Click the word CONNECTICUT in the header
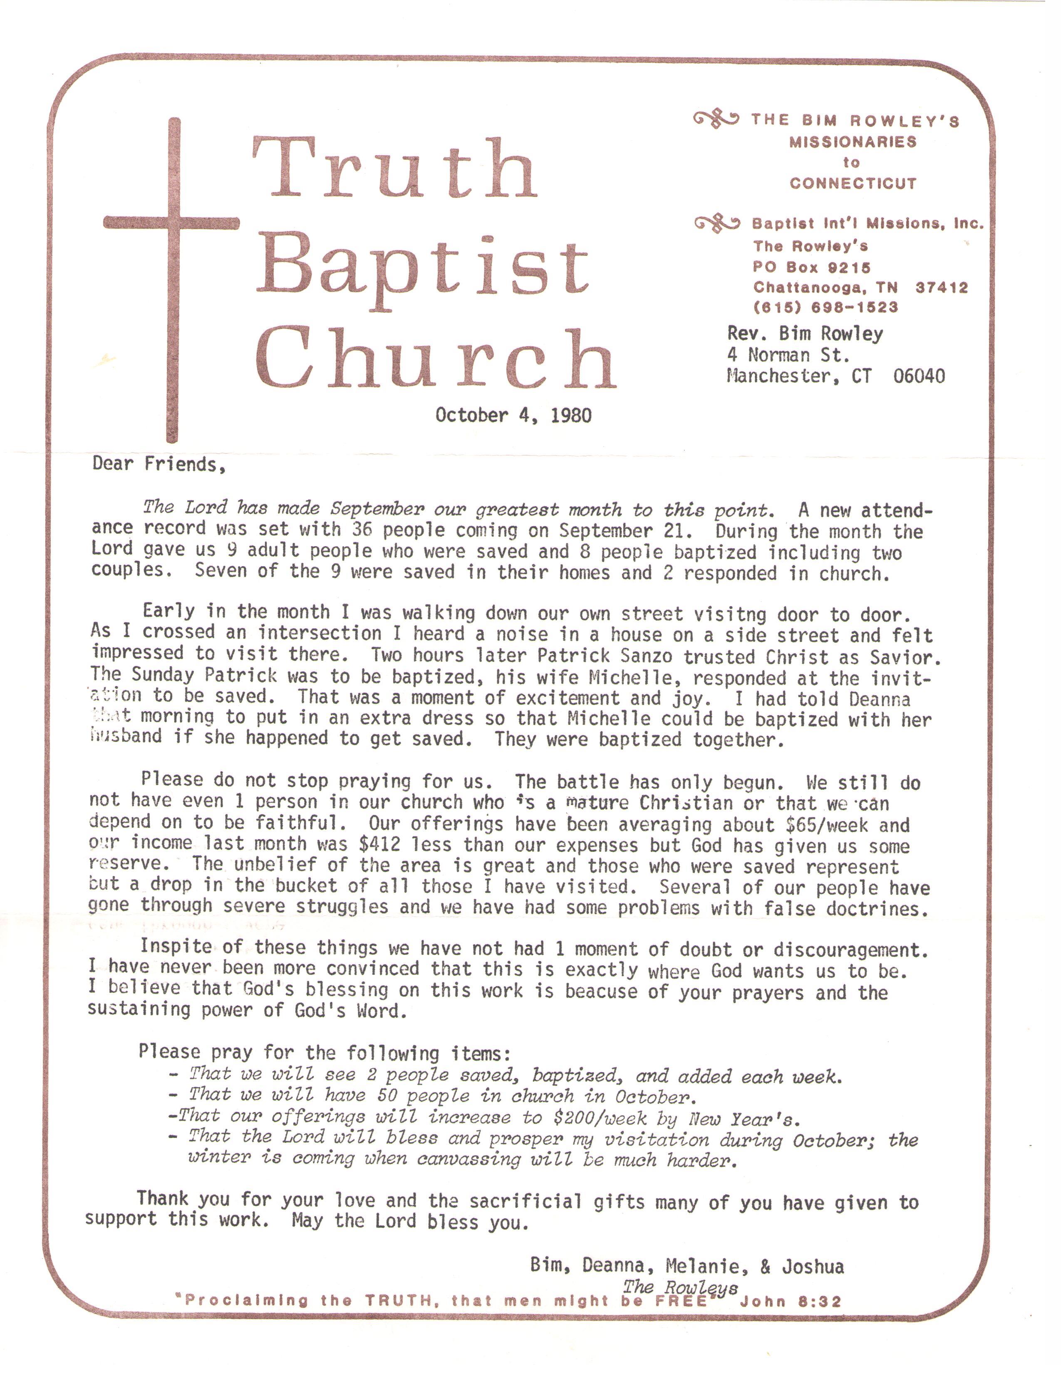[x=853, y=183]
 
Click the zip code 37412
[x=941, y=288]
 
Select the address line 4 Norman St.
[x=788, y=355]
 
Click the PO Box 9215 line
[x=811, y=267]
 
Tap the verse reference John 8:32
[x=790, y=1301]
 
